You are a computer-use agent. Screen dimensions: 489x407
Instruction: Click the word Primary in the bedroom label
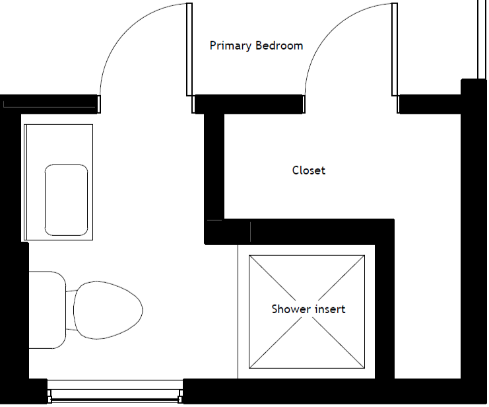[x=230, y=46]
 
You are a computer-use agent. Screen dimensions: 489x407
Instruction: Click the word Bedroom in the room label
[x=279, y=46]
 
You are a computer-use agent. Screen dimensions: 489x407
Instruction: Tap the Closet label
[x=309, y=170]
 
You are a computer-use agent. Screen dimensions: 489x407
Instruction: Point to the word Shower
[x=291, y=309]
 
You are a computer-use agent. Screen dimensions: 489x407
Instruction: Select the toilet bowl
[x=108, y=310]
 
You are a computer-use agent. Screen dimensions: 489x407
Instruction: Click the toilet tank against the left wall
[x=48, y=310]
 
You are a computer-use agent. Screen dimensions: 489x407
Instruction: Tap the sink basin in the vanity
[x=66, y=200]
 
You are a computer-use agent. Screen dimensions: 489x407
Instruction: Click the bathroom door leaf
[x=189, y=50]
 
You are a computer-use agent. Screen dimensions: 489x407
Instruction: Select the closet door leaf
[x=395, y=50]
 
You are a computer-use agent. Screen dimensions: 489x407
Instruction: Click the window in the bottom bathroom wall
[x=115, y=392]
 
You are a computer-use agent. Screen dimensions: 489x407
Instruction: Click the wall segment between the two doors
[x=249, y=104]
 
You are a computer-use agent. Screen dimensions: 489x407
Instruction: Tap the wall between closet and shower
[x=300, y=231]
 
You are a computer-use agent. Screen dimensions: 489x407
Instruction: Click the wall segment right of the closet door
[x=430, y=104]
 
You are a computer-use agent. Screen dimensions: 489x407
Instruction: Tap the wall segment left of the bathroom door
[x=49, y=104]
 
